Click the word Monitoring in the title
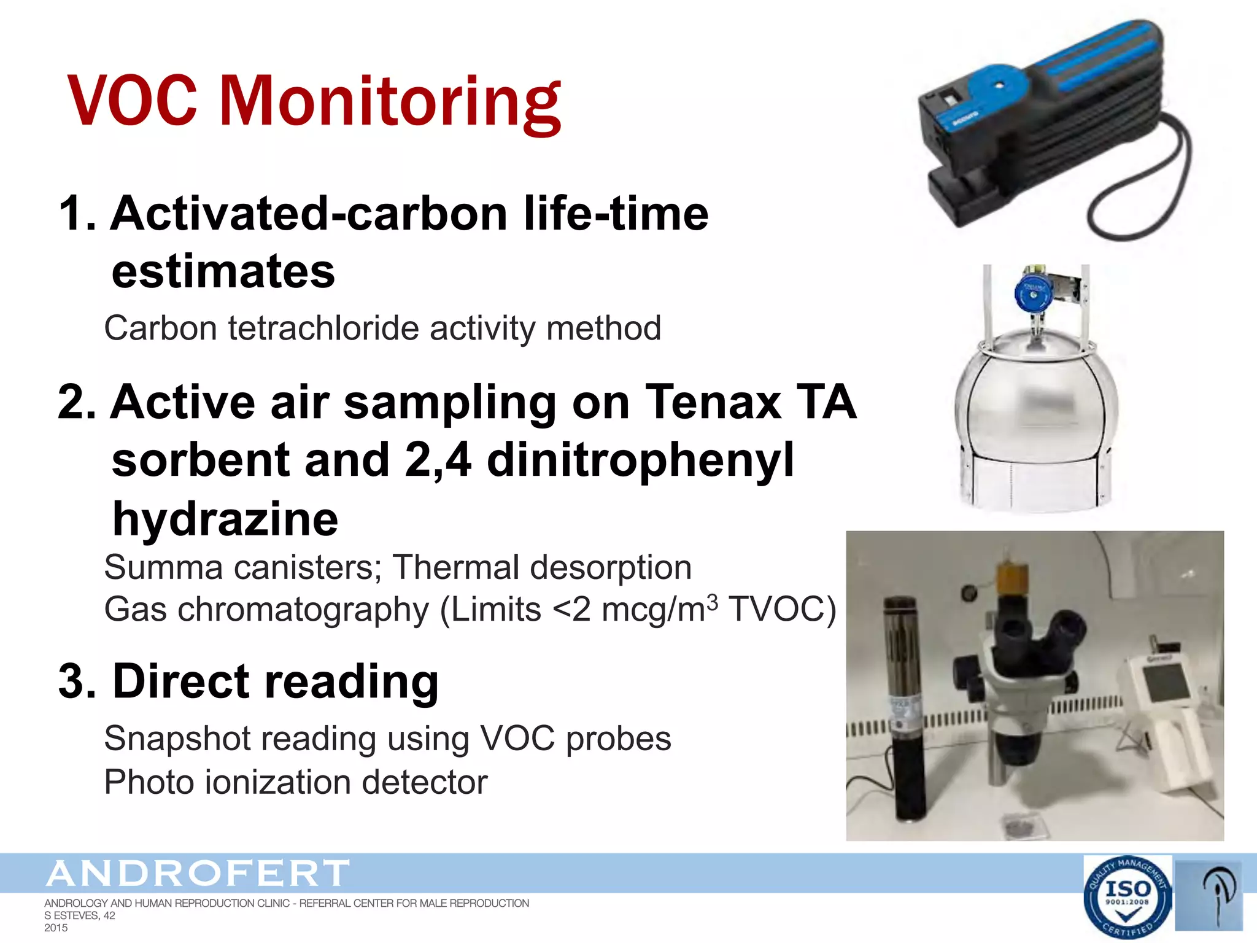390,101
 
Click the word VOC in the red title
132,101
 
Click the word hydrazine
225,519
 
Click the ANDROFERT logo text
198,874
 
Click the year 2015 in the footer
56,928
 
